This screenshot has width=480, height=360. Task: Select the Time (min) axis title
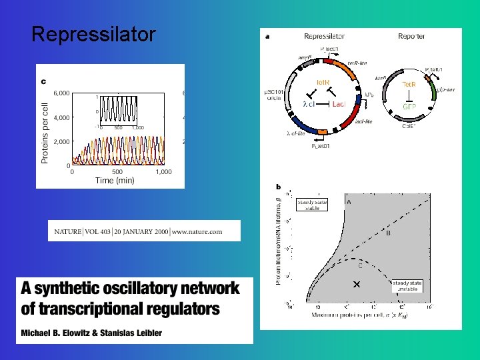tap(115, 180)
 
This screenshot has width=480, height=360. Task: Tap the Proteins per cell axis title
tap(45, 129)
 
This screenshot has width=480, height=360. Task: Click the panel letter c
tap(44, 81)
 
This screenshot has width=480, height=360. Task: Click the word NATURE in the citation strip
tap(67, 231)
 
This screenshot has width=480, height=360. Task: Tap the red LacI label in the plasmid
tap(339, 104)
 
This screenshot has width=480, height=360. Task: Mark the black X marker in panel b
tap(356, 285)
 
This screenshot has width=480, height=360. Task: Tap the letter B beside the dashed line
tap(388, 233)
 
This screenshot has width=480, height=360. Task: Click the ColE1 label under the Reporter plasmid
tap(410, 125)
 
